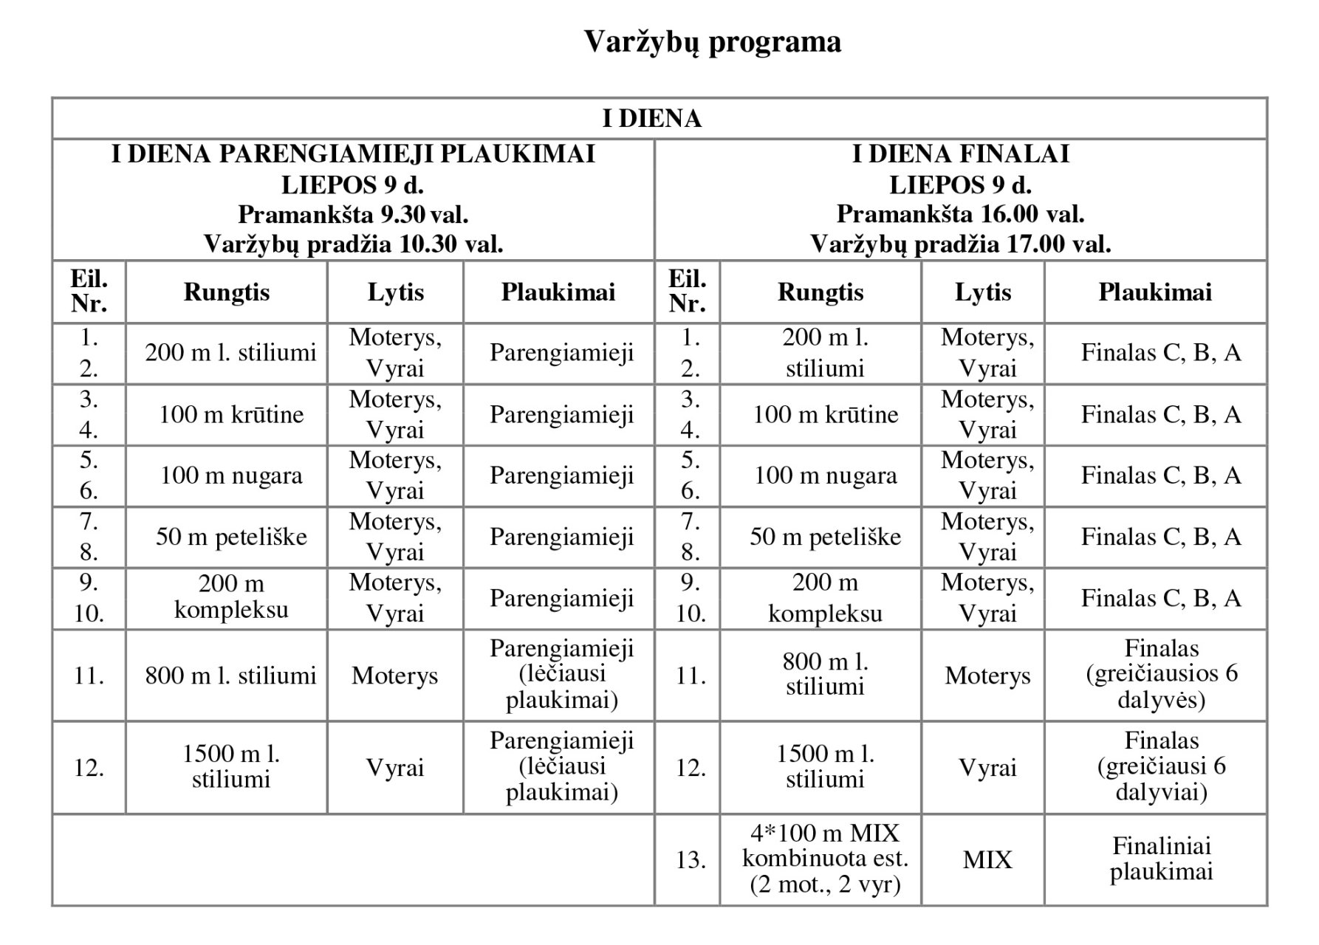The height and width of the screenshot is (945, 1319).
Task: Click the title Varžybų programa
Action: [x=712, y=42]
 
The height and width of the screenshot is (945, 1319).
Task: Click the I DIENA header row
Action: [x=651, y=119]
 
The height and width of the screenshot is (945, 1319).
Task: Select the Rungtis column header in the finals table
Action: [x=820, y=292]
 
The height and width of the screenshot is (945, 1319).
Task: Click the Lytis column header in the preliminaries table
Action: [x=395, y=292]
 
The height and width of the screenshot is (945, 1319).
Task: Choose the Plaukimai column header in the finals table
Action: [x=1155, y=292]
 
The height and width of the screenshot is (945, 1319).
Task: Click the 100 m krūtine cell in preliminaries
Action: [x=231, y=415]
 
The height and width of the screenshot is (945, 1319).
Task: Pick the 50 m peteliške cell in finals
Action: [x=825, y=537]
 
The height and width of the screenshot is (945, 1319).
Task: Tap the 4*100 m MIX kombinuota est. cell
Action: [x=825, y=859]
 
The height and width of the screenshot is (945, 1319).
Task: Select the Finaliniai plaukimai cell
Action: [x=1161, y=859]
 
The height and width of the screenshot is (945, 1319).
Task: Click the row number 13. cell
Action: [x=690, y=860]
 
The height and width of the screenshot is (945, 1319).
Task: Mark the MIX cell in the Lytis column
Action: [x=987, y=860]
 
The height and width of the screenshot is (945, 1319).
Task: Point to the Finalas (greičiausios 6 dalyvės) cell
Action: [x=1161, y=674]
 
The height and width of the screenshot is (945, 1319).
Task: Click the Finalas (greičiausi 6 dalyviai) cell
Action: [x=1161, y=766]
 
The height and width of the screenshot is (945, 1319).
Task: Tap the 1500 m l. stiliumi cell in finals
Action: [x=825, y=766]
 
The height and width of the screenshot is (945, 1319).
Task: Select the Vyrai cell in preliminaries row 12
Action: [x=395, y=768]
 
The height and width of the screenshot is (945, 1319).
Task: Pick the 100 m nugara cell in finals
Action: [x=825, y=475]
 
